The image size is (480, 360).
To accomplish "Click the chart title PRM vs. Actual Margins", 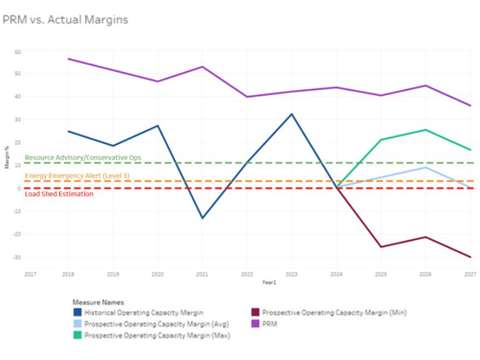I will click(x=65, y=20).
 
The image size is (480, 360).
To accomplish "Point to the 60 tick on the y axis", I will click(x=18, y=52).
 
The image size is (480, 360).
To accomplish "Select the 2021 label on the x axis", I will click(x=202, y=274).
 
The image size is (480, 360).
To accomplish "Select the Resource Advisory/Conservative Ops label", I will click(x=83, y=157).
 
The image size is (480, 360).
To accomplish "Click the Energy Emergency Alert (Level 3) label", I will click(x=77, y=175).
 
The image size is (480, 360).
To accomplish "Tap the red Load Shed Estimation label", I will click(x=59, y=194).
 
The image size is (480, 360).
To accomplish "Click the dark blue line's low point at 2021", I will click(x=202, y=218).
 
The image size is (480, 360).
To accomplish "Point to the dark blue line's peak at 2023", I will click(x=292, y=114).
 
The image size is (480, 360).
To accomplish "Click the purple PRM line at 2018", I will click(x=69, y=59).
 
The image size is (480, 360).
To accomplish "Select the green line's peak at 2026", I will click(x=425, y=129).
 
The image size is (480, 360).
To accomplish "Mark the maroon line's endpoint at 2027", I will click(x=470, y=257).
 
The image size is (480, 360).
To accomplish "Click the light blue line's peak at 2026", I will click(x=425, y=167).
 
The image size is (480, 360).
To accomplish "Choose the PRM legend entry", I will click(x=270, y=323).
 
